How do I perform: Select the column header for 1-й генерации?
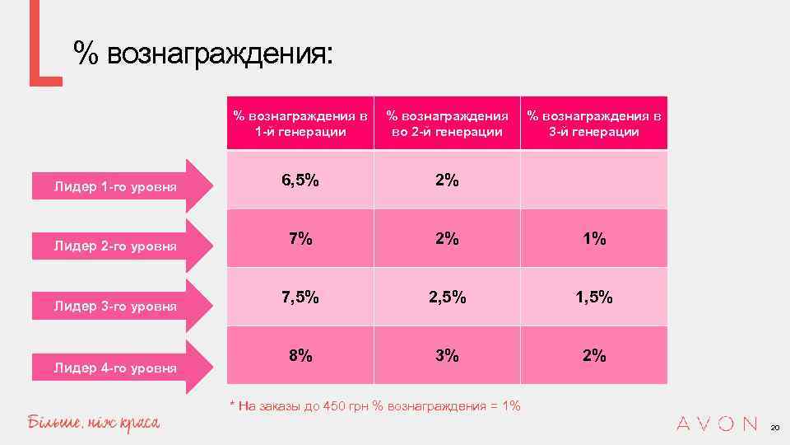pos(300,124)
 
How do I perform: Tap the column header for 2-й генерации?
pos(447,124)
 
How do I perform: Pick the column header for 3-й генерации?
pos(594,124)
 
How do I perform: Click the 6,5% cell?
pos(300,180)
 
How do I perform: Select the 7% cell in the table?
pos(300,239)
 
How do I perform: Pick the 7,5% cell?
pos(300,297)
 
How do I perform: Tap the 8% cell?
pos(300,356)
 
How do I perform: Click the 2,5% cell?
pos(447,297)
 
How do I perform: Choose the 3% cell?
pos(447,356)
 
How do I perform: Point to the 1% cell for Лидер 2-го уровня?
pos(594,239)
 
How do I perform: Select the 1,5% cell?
pos(594,297)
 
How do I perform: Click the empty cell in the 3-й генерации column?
pos(594,180)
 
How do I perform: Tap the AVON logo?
pos(716,424)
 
